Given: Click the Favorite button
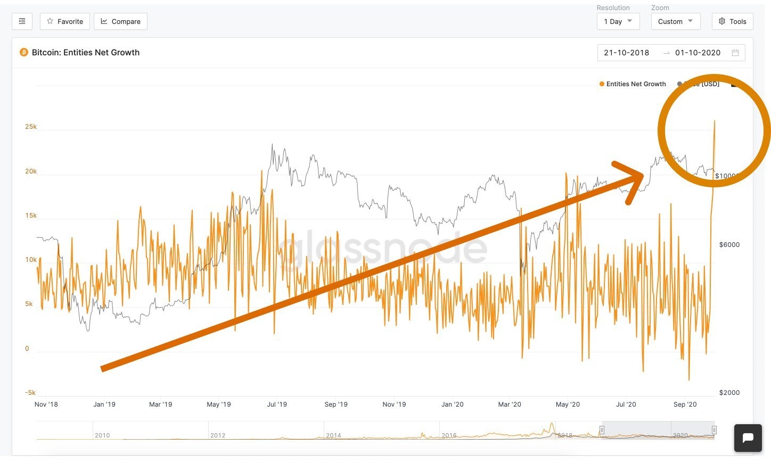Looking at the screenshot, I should pyautogui.click(x=65, y=21).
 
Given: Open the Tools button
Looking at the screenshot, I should pyautogui.click(x=732, y=21).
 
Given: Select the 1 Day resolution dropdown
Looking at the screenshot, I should pyautogui.click(x=618, y=21).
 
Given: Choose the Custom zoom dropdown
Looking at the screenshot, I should pyautogui.click(x=675, y=21).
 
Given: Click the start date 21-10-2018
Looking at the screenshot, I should pyautogui.click(x=626, y=53).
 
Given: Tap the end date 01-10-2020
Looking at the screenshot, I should pyautogui.click(x=698, y=53).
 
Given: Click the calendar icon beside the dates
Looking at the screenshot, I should pyautogui.click(x=735, y=53).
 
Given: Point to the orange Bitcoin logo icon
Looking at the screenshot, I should pyautogui.click(x=23, y=52).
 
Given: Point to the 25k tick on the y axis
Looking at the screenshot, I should pyautogui.click(x=31, y=127).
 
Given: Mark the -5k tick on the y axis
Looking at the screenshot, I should pyautogui.click(x=30, y=393).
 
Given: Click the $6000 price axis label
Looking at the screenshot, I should pyautogui.click(x=729, y=245).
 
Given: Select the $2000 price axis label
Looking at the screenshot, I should pyautogui.click(x=729, y=393).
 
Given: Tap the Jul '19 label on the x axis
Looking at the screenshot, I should pyautogui.click(x=277, y=405).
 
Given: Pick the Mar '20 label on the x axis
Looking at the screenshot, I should pyautogui.click(x=510, y=405).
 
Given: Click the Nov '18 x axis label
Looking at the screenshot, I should pyautogui.click(x=46, y=405).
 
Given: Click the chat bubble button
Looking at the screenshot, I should pyautogui.click(x=748, y=438).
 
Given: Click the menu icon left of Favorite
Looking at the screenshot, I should pyautogui.click(x=22, y=21).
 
